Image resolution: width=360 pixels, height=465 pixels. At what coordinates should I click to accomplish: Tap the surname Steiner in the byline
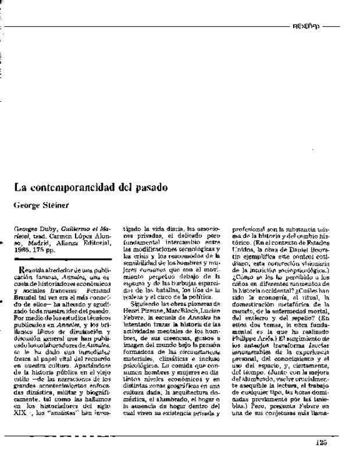[x=55, y=205]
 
